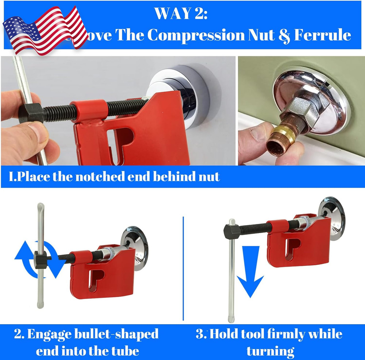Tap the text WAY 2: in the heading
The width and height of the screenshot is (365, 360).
181,14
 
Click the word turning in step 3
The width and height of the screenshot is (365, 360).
270,351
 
